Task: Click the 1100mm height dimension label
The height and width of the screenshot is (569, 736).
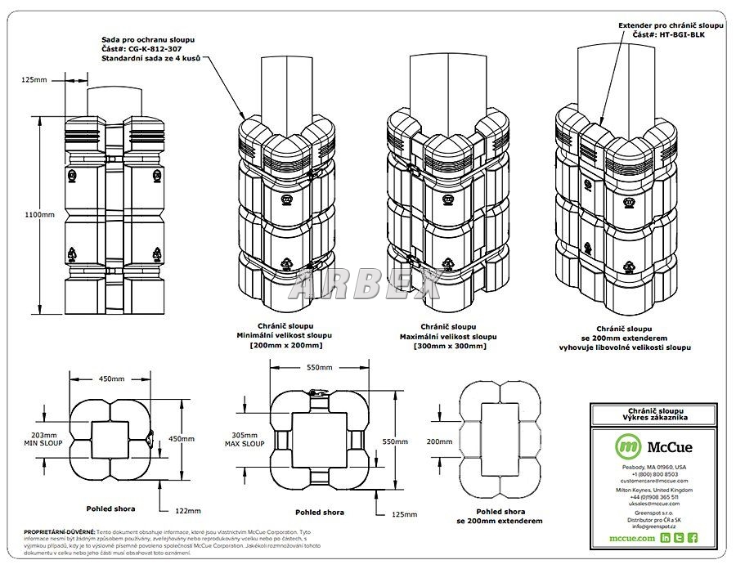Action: click(x=39, y=214)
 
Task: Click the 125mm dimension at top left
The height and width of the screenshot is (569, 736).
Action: click(x=34, y=79)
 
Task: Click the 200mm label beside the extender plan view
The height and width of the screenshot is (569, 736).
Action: click(x=439, y=441)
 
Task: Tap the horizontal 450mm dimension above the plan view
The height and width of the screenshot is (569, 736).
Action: click(x=113, y=379)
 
